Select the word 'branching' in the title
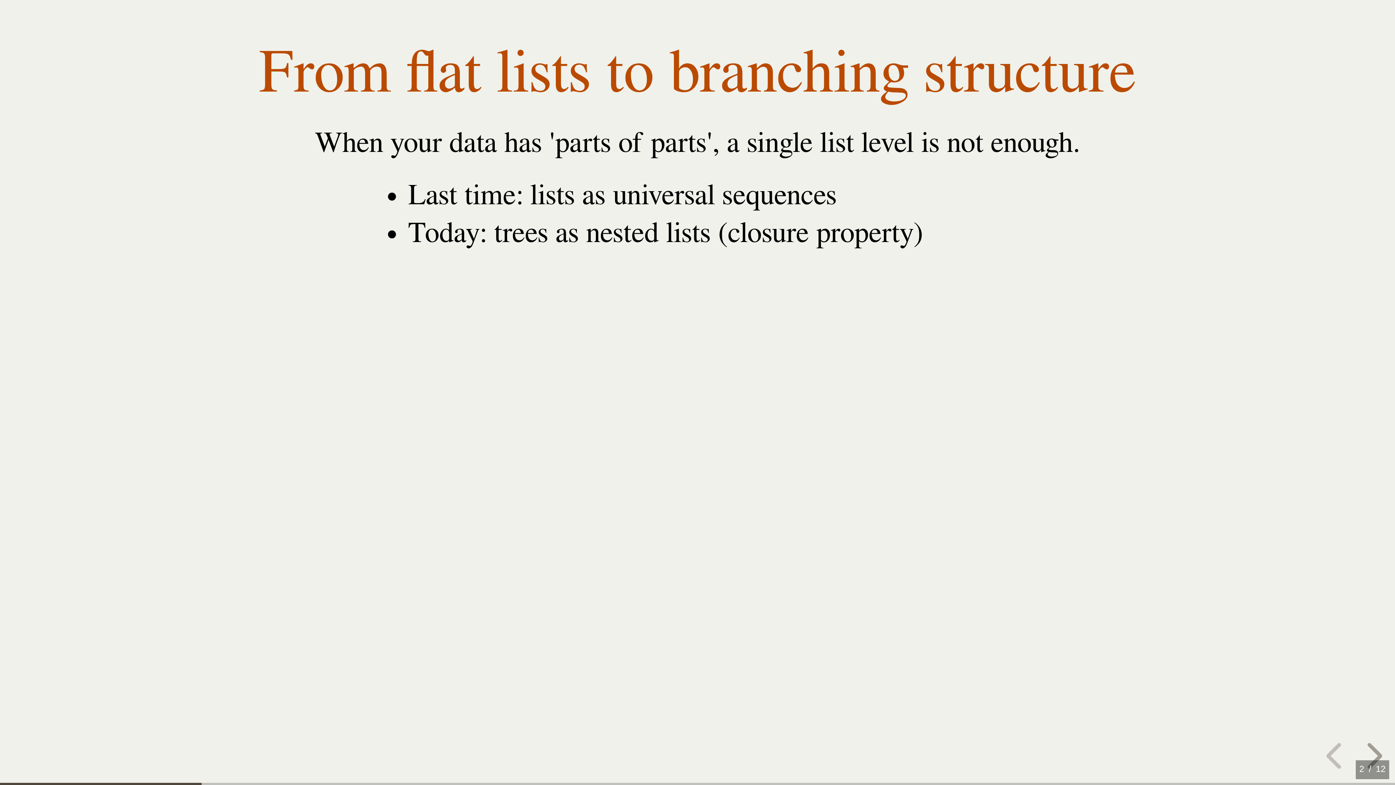point(789,76)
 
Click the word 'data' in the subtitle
point(473,143)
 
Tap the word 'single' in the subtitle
point(779,144)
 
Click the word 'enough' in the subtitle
point(1031,144)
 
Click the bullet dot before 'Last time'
point(392,198)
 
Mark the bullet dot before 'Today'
point(392,235)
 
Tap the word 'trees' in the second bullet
point(521,234)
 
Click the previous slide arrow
point(1334,756)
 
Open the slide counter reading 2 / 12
point(1372,769)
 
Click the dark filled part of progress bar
point(101,784)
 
